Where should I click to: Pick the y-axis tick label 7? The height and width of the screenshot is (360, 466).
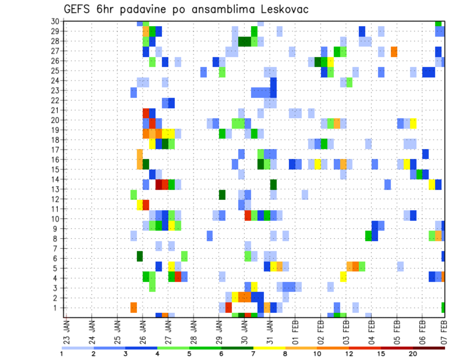56,248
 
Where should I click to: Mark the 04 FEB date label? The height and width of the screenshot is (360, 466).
372,330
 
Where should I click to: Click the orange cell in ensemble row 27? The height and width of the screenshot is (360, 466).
394,51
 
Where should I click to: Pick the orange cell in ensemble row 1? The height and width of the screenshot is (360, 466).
133,308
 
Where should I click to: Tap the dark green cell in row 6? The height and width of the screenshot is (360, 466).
140,256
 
